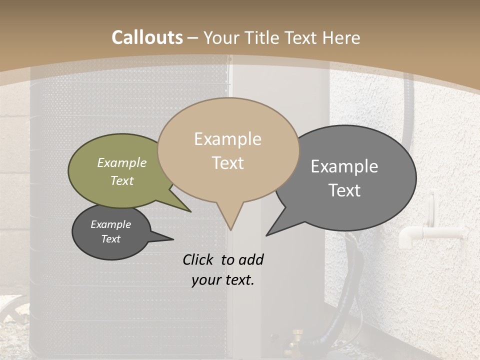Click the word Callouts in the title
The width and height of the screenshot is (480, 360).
(147, 37)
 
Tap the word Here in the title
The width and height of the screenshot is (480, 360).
(340, 37)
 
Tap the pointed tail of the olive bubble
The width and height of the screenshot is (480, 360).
(188, 210)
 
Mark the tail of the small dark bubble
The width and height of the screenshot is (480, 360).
(170, 238)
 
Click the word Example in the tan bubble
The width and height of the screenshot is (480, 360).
(227, 139)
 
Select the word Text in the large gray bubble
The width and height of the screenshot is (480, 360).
(344, 190)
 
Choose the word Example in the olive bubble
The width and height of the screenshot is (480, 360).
(122, 162)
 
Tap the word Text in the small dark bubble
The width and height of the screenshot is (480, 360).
(111, 239)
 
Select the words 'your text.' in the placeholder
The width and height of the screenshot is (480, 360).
(223, 280)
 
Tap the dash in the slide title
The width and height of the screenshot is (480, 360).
(193, 38)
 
